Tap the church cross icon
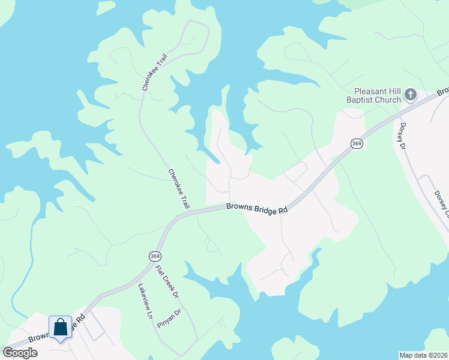pos(411,94)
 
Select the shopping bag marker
pos(60,328)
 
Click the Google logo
pos(20,353)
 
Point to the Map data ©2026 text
pos(423,355)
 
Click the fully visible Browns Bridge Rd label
pos(257,208)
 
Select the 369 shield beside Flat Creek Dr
pos(155,256)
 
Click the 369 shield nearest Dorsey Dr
pos(357,143)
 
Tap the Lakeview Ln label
pos(144,300)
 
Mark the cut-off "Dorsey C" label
pos(441,204)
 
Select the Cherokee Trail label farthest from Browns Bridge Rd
pos(154,71)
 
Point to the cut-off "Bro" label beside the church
pos(442,92)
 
